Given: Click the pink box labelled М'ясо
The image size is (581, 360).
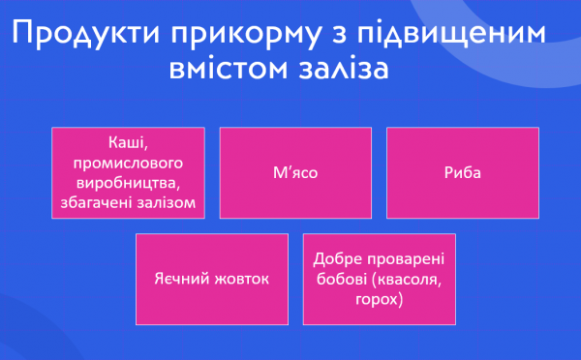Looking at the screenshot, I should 296,174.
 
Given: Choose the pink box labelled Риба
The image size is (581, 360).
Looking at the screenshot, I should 464,174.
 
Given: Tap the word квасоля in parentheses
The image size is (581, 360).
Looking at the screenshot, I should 403,280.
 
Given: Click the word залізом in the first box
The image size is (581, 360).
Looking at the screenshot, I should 166,202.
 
